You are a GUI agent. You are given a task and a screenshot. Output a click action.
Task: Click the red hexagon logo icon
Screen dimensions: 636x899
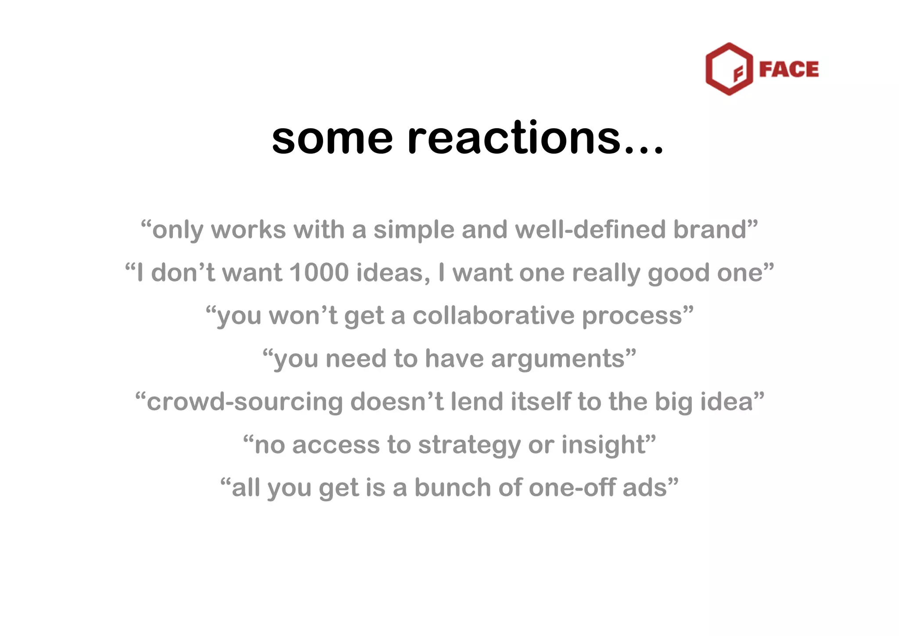click(729, 69)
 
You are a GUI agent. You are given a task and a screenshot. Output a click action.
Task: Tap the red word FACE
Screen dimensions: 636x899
click(789, 69)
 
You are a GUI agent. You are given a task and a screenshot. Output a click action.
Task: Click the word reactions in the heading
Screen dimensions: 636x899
click(514, 138)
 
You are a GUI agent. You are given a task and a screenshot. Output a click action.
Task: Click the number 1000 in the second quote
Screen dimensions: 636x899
click(319, 273)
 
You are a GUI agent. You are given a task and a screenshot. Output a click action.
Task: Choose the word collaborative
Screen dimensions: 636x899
click(493, 316)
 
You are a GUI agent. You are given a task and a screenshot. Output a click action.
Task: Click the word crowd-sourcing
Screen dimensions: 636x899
click(245, 402)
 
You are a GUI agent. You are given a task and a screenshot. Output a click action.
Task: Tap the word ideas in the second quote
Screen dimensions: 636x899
click(393, 273)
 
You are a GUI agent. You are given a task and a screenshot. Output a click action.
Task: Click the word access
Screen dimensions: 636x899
click(336, 445)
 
